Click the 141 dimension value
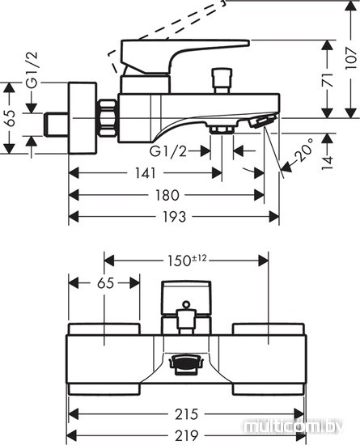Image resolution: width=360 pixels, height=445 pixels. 146,173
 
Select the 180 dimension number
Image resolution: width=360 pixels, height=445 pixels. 167,195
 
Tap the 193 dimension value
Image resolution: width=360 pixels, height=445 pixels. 175,217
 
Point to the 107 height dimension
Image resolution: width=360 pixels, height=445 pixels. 350,59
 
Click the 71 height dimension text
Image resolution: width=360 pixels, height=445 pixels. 328,80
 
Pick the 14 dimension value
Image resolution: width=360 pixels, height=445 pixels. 328,163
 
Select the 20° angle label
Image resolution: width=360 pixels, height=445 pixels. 303,150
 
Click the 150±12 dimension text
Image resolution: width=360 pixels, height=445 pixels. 187,261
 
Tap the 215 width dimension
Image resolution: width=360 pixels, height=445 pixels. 186,414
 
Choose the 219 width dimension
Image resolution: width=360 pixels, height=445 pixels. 186,435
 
